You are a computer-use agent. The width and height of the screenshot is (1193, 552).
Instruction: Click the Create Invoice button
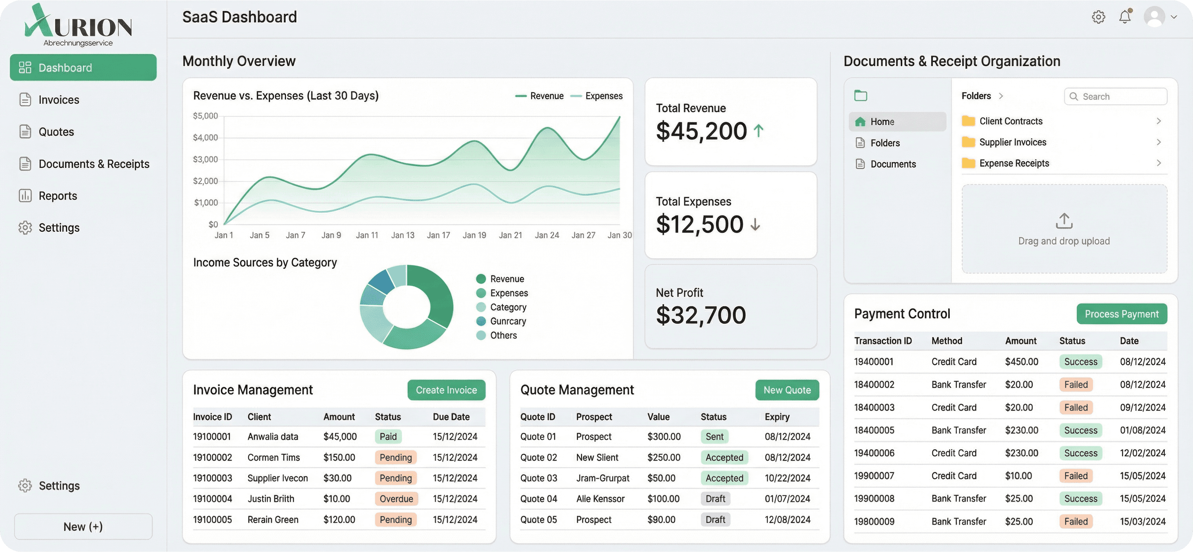[x=446, y=390]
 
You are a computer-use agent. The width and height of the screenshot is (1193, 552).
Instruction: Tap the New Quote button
[x=787, y=390]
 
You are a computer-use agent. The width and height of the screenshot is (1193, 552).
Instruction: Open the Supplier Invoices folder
[x=1012, y=142]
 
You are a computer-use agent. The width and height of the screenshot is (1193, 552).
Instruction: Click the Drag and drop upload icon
[x=1064, y=221]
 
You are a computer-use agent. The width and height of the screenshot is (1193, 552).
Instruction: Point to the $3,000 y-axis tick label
[x=205, y=159]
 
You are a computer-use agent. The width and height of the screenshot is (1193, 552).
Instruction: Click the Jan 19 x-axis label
[x=474, y=235]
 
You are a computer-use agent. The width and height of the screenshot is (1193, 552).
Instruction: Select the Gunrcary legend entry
[x=507, y=321]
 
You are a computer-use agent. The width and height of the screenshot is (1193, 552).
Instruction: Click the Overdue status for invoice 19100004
[x=396, y=499]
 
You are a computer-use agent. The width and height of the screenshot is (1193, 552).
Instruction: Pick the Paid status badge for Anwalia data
[x=388, y=436]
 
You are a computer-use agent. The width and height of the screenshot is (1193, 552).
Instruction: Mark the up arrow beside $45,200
[x=758, y=131]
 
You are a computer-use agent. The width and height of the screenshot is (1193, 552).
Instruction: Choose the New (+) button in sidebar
[x=83, y=527]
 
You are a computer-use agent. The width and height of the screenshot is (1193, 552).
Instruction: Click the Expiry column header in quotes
[x=777, y=417]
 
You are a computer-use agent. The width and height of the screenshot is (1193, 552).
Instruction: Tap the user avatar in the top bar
[x=1154, y=17]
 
